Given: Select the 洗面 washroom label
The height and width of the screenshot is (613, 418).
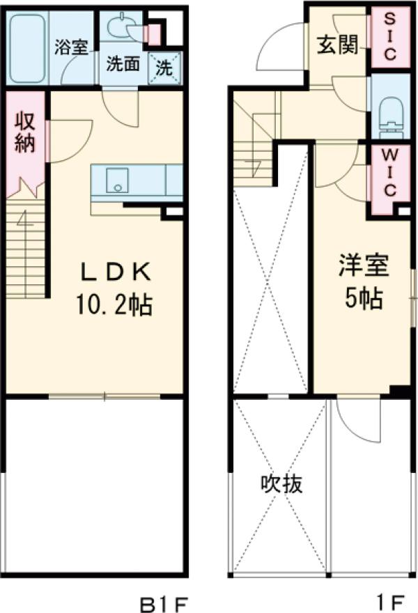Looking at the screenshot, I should click(x=123, y=65).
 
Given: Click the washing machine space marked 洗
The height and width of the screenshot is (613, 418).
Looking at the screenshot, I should click(x=166, y=67).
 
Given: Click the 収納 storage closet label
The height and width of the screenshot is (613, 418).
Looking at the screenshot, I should click(x=25, y=134).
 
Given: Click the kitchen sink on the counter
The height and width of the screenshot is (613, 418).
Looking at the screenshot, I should click(x=116, y=183).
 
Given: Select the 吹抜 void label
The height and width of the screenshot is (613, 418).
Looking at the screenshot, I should click(x=281, y=483).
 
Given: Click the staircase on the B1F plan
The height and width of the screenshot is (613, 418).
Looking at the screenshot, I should click(x=26, y=244).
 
